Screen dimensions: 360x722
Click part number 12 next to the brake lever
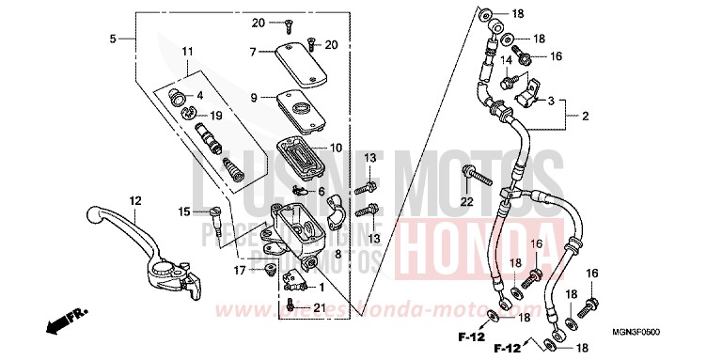point(135,200)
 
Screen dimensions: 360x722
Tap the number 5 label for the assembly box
point(113,39)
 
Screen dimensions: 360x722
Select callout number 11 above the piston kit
point(187,51)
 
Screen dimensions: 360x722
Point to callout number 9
point(254,98)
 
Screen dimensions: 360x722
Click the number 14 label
point(505,59)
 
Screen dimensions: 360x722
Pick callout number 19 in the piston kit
point(215,116)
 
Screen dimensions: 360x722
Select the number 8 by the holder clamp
point(337,254)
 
